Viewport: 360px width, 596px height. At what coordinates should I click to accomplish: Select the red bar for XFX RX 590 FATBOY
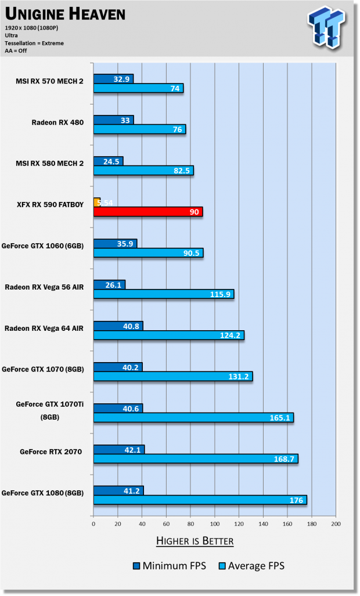(x=147, y=212)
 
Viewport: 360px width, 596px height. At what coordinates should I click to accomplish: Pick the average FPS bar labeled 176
(x=200, y=500)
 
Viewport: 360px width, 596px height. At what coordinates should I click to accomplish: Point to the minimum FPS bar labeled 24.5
(x=108, y=161)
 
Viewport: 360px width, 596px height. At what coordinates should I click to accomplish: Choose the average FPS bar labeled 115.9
(x=163, y=294)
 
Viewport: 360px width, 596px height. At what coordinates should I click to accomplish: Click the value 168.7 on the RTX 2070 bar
(x=285, y=459)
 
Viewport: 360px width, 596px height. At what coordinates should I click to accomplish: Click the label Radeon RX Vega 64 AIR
(x=44, y=328)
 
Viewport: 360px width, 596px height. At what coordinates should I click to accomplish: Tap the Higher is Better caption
(x=195, y=541)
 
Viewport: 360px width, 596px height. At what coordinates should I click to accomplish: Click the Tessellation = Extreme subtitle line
(x=34, y=43)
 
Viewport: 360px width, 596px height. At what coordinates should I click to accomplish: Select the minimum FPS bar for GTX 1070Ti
(x=118, y=408)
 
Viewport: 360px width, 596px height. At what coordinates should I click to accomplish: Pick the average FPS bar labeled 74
(x=138, y=88)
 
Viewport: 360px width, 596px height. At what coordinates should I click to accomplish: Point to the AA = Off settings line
(x=16, y=50)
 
